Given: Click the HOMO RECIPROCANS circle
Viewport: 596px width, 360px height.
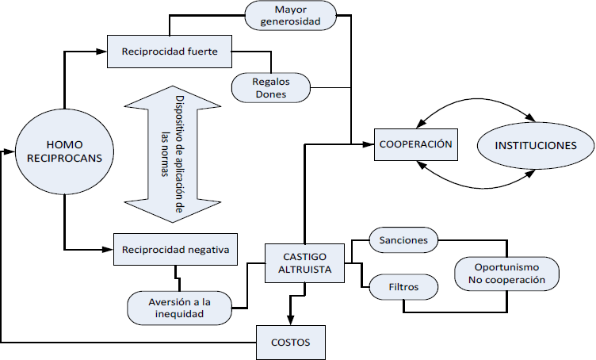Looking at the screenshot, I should pos(63,151).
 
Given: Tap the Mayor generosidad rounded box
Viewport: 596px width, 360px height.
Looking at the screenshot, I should pos(290,16).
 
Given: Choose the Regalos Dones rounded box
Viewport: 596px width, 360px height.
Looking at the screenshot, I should pos(270,87).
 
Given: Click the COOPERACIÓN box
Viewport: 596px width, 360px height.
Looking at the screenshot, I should pos(415,144).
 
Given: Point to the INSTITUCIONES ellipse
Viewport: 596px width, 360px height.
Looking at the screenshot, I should pos(535,146).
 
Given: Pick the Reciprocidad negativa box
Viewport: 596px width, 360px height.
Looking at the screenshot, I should pos(175,251).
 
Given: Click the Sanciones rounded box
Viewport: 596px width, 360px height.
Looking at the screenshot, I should pos(404,239).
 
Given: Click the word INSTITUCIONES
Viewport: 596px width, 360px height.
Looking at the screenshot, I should pos(535,146).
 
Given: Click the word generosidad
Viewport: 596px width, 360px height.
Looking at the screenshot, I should pos(290,22).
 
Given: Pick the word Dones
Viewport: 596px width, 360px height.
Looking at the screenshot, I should pos(270,94).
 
